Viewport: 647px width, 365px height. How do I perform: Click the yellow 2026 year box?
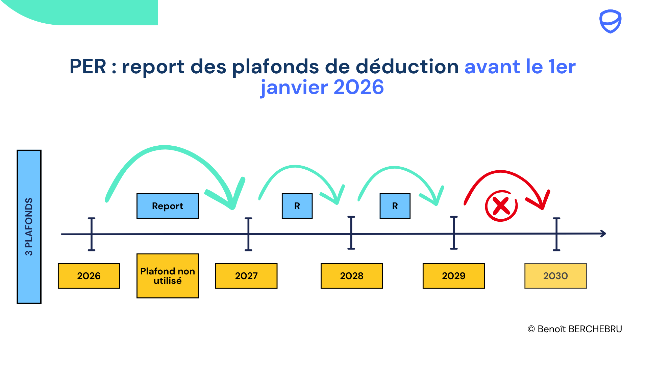pos(89,276)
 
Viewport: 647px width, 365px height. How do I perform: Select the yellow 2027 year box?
pos(246,276)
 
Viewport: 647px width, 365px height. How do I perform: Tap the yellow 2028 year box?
pos(352,276)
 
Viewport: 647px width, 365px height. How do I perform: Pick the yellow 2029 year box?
pos(454,276)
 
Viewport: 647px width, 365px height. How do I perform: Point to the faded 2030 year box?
pos(555,276)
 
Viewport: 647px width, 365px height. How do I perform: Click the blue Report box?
pos(168,206)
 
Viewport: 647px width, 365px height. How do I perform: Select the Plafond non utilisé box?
pos(168,276)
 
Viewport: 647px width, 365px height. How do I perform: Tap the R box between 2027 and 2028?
pos(297,206)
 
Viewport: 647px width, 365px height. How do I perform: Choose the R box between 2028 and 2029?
pos(395,206)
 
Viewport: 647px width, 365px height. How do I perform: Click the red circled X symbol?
pos(501,206)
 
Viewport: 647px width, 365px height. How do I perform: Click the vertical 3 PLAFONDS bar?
pos(29,227)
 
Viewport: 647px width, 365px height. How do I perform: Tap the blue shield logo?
pos(610,21)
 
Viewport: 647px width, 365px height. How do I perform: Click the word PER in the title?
pos(88,67)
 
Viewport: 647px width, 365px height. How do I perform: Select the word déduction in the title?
pos(407,67)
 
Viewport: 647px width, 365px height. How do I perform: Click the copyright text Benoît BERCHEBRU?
pos(575,329)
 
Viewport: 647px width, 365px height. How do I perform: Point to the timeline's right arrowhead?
pos(603,234)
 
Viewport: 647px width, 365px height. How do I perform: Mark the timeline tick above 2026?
pos(92,234)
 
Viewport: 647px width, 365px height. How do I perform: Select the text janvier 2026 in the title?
pos(322,87)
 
